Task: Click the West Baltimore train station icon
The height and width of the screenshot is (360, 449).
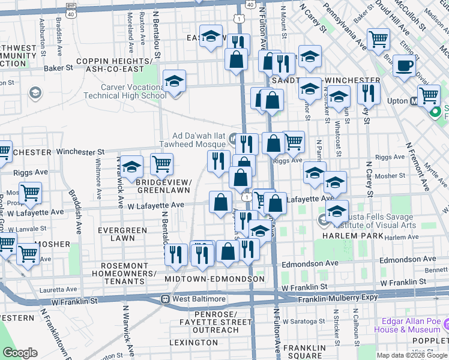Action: (165, 299)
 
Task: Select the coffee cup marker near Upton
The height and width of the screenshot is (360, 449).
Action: (405, 65)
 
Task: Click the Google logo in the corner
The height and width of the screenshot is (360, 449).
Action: (20, 353)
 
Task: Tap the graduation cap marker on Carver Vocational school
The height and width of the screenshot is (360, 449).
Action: (174, 80)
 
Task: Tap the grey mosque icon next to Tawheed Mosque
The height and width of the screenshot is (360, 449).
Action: (233, 140)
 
